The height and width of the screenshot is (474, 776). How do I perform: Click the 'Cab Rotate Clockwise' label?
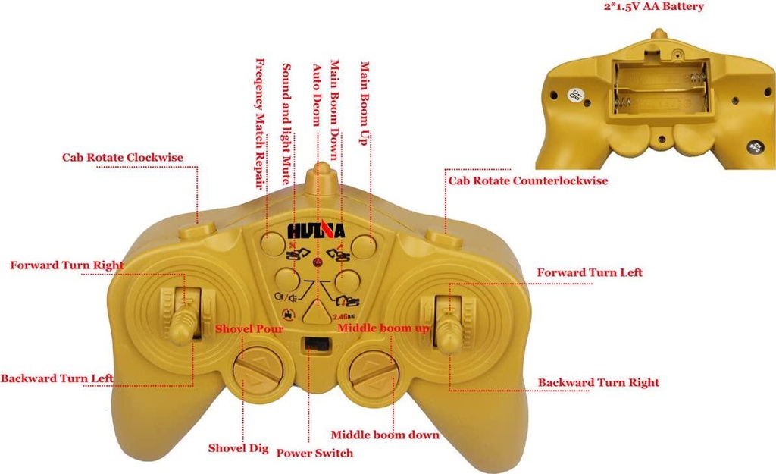(x=122, y=158)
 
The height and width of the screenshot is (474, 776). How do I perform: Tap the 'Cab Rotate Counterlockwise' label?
(x=528, y=180)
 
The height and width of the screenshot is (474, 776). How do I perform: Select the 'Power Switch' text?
(x=314, y=454)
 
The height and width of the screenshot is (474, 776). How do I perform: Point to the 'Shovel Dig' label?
(x=238, y=448)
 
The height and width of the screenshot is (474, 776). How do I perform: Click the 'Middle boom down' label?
(x=385, y=435)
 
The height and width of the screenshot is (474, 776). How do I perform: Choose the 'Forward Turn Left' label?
(x=590, y=272)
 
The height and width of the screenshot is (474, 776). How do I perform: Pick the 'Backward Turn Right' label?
(x=599, y=382)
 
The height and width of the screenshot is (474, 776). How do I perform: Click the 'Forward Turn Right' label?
(x=67, y=265)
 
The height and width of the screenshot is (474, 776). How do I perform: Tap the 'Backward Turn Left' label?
(x=57, y=378)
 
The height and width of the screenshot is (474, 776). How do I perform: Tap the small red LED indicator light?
(x=318, y=262)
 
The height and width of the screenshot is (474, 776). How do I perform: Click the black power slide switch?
(x=318, y=344)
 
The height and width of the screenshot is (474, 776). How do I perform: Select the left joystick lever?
(x=182, y=323)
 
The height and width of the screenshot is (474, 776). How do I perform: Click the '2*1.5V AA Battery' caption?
(x=654, y=6)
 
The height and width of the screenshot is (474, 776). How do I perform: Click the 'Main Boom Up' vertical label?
(x=365, y=103)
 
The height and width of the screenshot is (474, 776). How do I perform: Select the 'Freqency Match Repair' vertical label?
(x=260, y=124)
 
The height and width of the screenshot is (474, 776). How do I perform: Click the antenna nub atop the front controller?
(x=323, y=179)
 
